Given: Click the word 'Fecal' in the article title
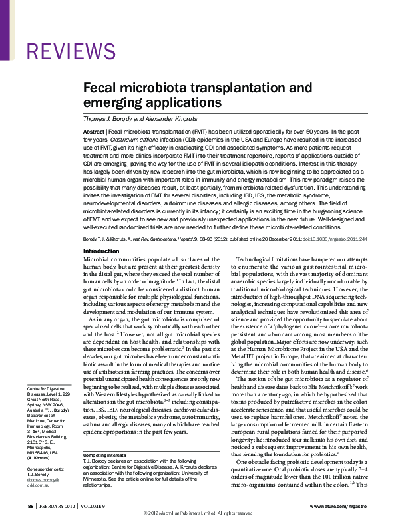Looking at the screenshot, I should [100, 88].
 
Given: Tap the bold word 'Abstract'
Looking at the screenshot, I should [94, 133].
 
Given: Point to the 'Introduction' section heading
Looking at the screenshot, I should [100, 251].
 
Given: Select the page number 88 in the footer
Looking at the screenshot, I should [31, 507].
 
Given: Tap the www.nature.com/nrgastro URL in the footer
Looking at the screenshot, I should [341, 507].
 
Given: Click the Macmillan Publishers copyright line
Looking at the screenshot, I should [198, 514].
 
